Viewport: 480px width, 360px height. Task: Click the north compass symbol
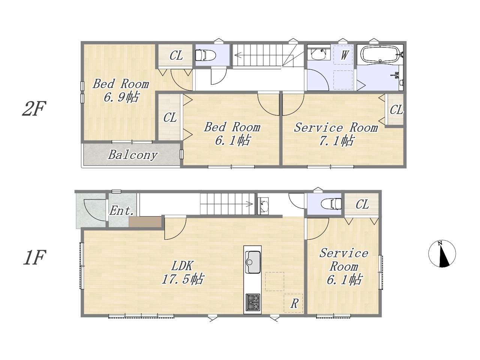point(442,254)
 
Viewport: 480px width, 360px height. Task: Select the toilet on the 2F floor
point(205,55)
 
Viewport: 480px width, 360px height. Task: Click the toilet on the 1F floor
point(331,204)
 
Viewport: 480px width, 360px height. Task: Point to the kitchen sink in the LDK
point(253,262)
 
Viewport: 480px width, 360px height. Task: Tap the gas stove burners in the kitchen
point(253,302)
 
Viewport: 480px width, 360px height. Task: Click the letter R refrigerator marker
point(294,304)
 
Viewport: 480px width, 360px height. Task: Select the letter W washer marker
point(344,55)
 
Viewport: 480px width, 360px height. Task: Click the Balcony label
point(133,155)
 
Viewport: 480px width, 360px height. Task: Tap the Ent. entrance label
point(121,211)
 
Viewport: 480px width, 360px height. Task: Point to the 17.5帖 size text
point(183,279)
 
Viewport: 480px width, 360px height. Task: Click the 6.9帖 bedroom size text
point(121,97)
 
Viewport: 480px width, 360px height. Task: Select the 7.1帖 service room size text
point(336,141)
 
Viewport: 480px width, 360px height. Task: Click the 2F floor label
point(34,108)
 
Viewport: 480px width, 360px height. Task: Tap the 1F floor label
point(34,258)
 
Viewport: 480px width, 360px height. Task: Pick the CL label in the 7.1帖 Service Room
point(396,109)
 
